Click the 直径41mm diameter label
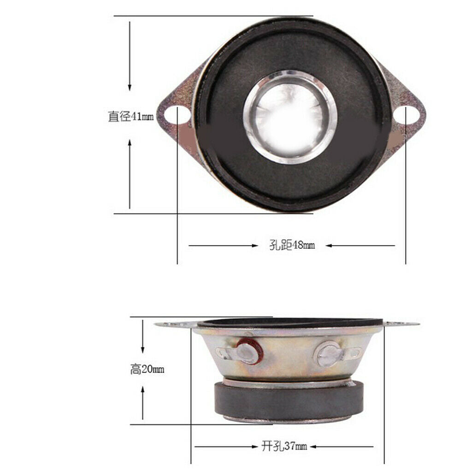pyautogui.click(x=130, y=116)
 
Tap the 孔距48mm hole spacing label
pyautogui.click(x=292, y=245)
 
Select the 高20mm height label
pyautogui.click(x=147, y=369)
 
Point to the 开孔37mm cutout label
pyautogui.click(x=284, y=446)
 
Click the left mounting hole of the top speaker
pyautogui.click(x=177, y=114)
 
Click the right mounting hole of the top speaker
pyautogui.click(x=407, y=114)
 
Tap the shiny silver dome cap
pyautogui.click(x=290, y=117)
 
